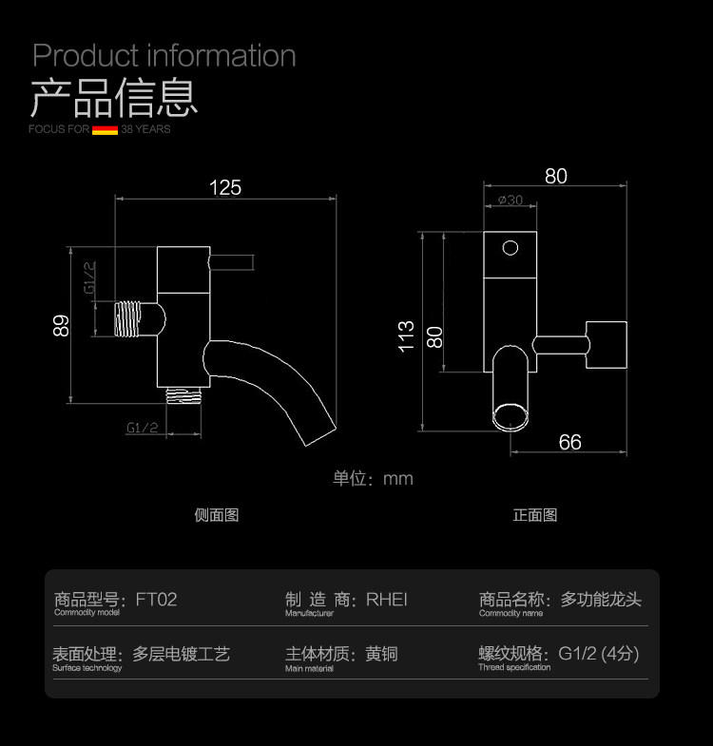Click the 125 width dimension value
click(x=225, y=187)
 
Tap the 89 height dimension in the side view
click(x=62, y=326)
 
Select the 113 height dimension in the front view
click(x=407, y=336)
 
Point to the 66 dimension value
click(x=570, y=442)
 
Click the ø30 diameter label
click(x=511, y=200)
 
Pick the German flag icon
click(x=105, y=129)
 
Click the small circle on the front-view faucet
click(x=511, y=249)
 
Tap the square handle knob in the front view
click(x=607, y=343)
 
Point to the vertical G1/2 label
click(x=89, y=277)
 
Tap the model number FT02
click(x=156, y=600)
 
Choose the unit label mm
click(x=397, y=479)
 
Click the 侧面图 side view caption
click(x=216, y=515)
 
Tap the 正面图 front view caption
click(x=535, y=515)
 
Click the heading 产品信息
click(x=114, y=98)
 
